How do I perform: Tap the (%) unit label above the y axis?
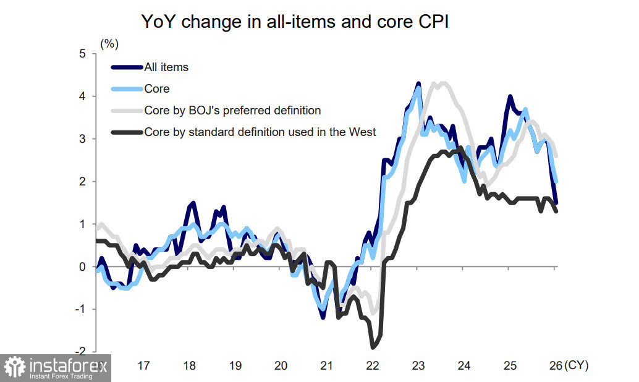click(x=109, y=44)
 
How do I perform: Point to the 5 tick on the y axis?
click(x=82, y=54)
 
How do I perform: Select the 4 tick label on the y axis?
click(x=82, y=96)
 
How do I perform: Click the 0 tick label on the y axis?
click(x=82, y=267)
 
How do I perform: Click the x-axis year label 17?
click(x=143, y=366)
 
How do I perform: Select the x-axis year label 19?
click(x=235, y=366)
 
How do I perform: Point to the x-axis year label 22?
click(x=372, y=366)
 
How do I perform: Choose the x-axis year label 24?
click(x=464, y=366)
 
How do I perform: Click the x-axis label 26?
click(x=556, y=366)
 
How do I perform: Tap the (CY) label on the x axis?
click(x=577, y=366)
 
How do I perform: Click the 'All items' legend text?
click(x=166, y=67)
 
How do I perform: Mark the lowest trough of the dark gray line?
click(x=374, y=347)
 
